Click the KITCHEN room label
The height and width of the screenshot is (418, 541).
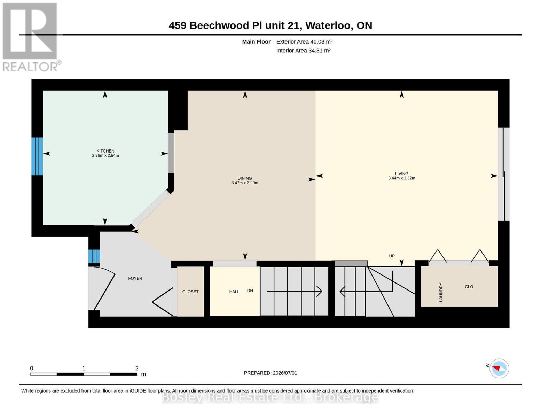(x=105, y=151)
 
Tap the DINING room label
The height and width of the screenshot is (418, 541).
(x=244, y=178)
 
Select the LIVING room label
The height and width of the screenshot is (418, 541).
(x=401, y=173)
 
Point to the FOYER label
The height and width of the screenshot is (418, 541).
(x=135, y=278)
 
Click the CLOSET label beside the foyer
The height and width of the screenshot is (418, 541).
(x=190, y=292)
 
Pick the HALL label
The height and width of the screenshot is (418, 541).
(x=234, y=292)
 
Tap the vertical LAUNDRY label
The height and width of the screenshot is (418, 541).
(x=441, y=292)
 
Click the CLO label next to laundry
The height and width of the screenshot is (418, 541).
(x=469, y=286)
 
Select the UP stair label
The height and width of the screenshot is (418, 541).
(x=392, y=256)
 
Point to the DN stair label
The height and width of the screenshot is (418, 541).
(x=250, y=291)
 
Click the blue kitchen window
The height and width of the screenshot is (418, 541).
(x=37, y=156)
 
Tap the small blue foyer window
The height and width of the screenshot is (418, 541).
(x=94, y=256)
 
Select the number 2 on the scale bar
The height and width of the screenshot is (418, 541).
(x=137, y=368)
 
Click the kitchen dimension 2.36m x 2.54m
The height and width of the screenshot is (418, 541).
(x=105, y=155)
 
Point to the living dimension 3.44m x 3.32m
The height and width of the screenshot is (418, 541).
(x=401, y=178)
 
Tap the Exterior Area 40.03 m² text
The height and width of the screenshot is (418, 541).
(x=304, y=41)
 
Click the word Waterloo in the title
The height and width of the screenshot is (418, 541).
(x=329, y=25)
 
